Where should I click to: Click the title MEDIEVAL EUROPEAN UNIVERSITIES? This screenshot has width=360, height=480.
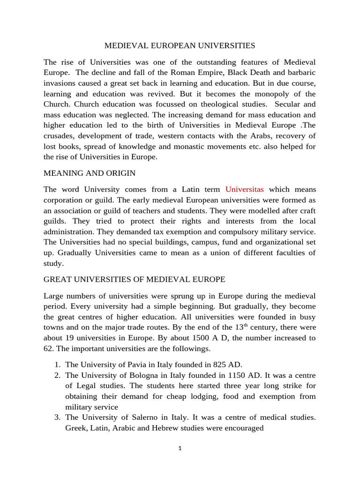(180, 45)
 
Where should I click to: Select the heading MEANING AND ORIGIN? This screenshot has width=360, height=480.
(90, 173)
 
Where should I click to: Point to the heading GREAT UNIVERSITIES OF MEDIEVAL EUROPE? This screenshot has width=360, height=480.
(135, 279)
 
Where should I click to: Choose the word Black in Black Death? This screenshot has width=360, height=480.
(252, 73)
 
